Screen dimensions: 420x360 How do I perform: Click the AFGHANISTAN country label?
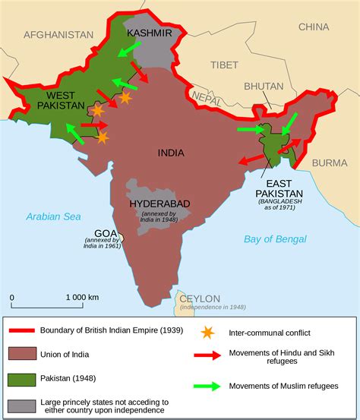[58, 35]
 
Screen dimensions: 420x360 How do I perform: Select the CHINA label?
[313, 27]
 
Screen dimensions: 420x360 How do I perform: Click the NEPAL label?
[207, 97]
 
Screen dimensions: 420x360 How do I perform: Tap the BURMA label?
[330, 163]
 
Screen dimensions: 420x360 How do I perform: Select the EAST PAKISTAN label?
[279, 189]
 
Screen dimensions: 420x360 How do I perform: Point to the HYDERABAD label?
[159, 204]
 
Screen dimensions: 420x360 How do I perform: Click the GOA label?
[106, 233]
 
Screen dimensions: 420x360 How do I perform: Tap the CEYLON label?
[200, 298]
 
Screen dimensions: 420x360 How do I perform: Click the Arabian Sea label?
[53, 216]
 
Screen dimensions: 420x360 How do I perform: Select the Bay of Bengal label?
[275, 239]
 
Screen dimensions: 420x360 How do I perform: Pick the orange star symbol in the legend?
[206, 332]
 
